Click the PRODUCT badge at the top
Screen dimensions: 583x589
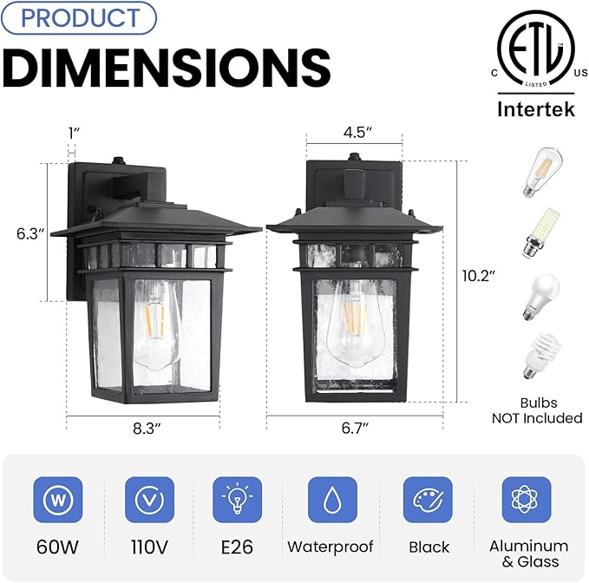79,17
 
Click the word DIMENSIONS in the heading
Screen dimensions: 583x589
167,66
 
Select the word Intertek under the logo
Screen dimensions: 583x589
534,109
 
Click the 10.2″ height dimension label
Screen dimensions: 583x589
478,275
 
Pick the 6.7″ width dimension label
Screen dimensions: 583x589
354,427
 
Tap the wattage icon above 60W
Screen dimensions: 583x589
58,500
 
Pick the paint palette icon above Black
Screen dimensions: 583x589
428,500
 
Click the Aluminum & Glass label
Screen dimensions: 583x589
527,553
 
